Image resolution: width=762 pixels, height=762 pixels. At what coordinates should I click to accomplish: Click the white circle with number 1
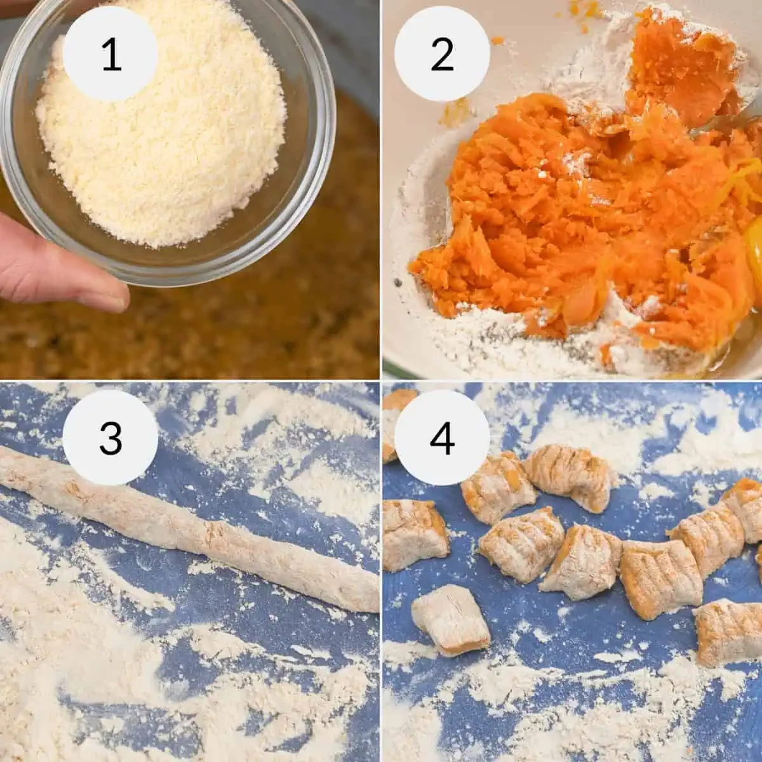110,53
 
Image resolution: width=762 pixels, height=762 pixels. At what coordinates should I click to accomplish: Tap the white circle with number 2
442,53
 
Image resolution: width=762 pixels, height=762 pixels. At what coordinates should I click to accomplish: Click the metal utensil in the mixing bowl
718,124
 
